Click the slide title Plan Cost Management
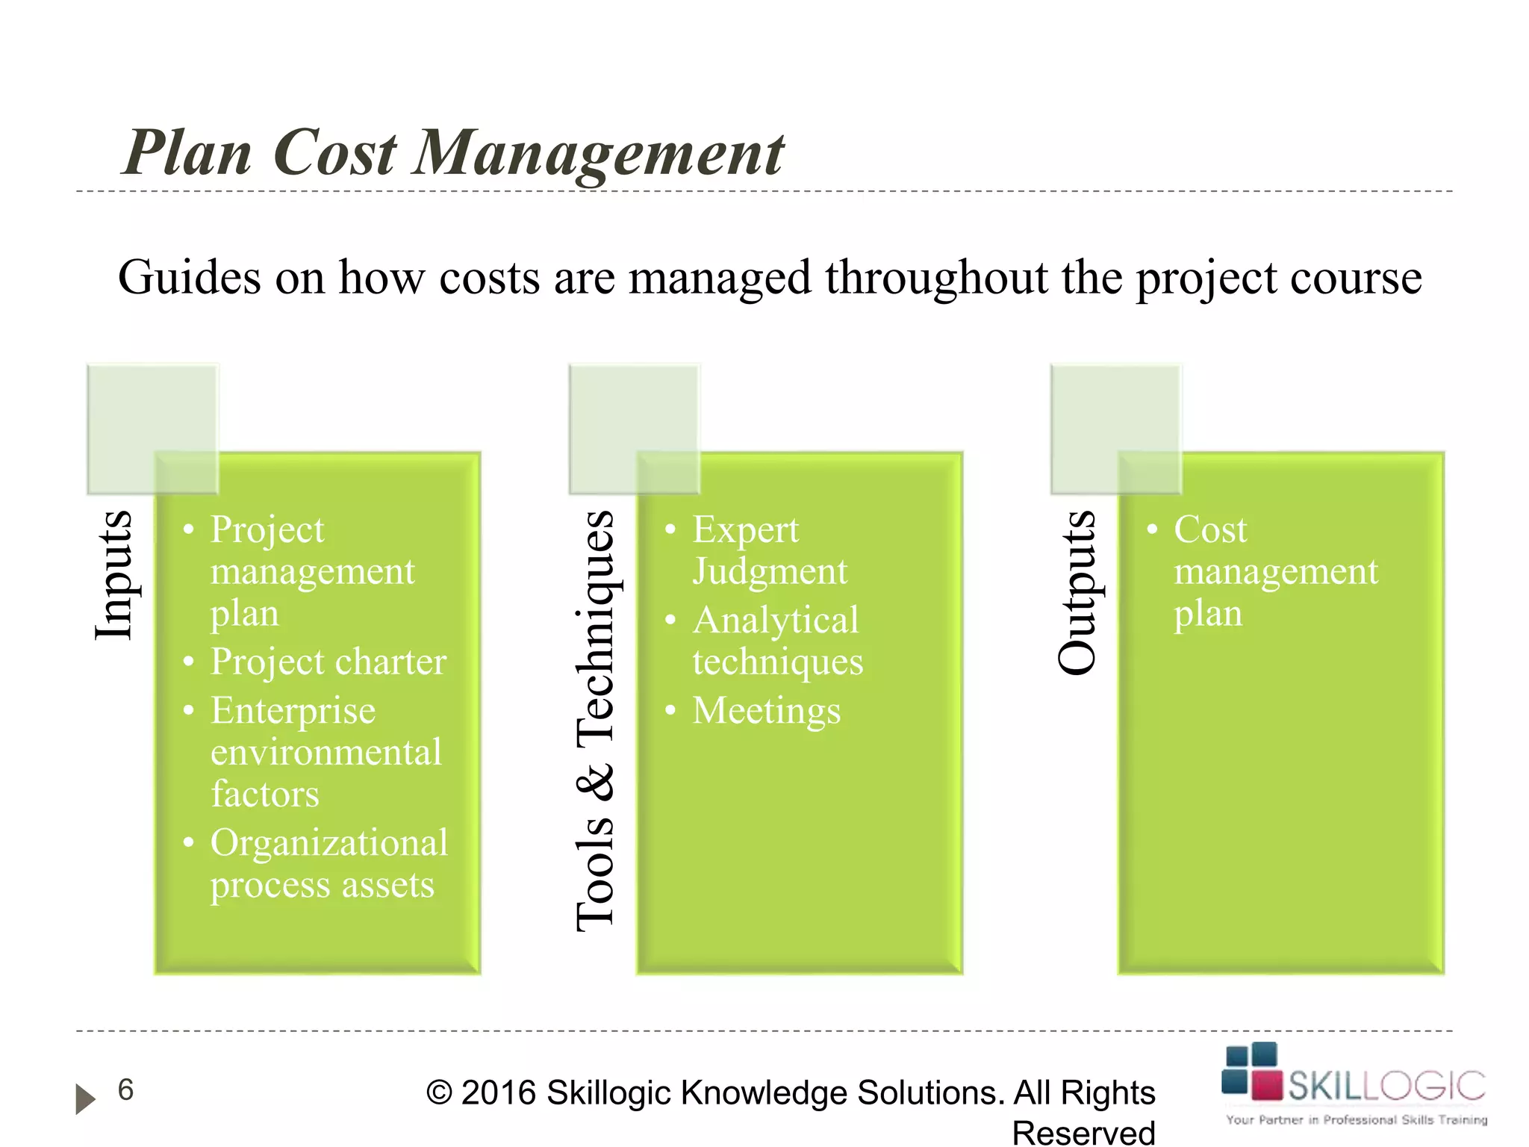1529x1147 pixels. point(453,153)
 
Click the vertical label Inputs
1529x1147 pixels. point(113,575)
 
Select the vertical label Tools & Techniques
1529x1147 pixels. point(595,721)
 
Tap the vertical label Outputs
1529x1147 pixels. point(1077,593)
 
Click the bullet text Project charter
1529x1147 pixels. point(328,662)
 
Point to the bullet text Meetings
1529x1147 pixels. point(766,710)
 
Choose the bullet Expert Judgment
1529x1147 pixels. point(769,550)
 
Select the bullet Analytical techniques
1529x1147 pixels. point(776,641)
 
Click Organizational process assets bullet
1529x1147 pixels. point(328,863)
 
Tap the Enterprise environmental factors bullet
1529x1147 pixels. point(326,751)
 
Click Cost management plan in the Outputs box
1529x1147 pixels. point(1275,571)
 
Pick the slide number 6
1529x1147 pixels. point(125,1090)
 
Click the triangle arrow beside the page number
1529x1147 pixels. point(85,1098)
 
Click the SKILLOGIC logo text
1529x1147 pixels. point(1386,1086)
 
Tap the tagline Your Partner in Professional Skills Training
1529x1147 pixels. point(1356,1119)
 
